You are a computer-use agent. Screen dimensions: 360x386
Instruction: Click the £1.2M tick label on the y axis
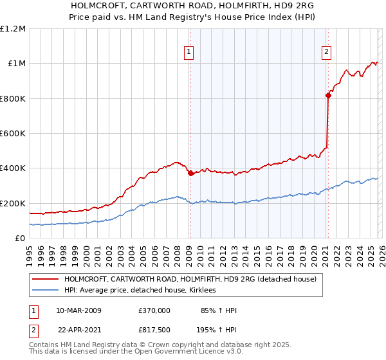(x=13, y=28)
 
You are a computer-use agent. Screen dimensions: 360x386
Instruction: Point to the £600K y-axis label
(x=13, y=134)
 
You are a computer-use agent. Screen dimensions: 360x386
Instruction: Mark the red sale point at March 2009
(x=190, y=174)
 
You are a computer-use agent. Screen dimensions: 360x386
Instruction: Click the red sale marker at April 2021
(x=328, y=96)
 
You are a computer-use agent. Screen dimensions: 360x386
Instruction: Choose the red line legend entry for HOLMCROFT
(x=190, y=280)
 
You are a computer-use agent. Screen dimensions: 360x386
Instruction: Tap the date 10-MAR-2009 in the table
(x=79, y=310)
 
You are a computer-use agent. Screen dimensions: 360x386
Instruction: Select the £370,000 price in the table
(x=154, y=310)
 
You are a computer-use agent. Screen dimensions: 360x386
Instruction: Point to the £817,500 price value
(x=154, y=331)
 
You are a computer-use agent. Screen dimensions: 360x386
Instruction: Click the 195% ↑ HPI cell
(x=217, y=331)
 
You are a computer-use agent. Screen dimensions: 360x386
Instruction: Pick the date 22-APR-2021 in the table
(x=79, y=331)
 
